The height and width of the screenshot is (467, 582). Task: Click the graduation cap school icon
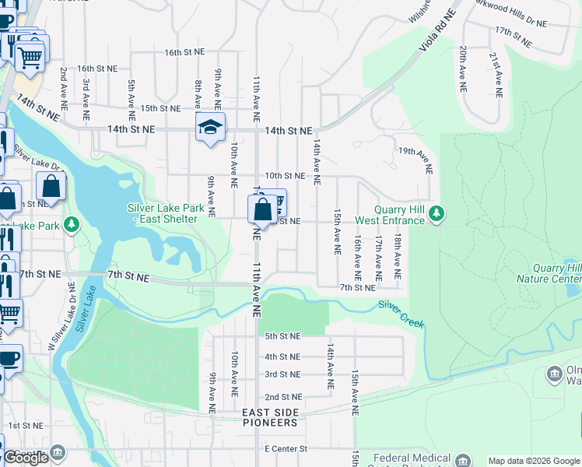click(209, 128)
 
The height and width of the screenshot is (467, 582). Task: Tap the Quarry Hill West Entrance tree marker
click(436, 212)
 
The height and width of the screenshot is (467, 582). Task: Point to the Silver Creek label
click(401, 313)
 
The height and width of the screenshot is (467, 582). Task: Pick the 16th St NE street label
click(184, 52)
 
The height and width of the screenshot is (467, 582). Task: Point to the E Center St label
click(286, 449)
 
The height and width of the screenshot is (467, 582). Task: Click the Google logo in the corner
click(26, 458)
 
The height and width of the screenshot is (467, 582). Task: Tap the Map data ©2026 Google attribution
click(534, 461)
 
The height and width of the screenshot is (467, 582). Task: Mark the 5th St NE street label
click(282, 336)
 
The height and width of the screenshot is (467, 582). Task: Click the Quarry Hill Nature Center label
click(549, 273)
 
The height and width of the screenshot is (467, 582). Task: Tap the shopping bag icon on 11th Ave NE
click(262, 209)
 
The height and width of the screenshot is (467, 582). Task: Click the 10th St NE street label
click(284, 177)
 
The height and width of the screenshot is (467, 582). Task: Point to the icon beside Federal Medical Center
click(463, 459)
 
